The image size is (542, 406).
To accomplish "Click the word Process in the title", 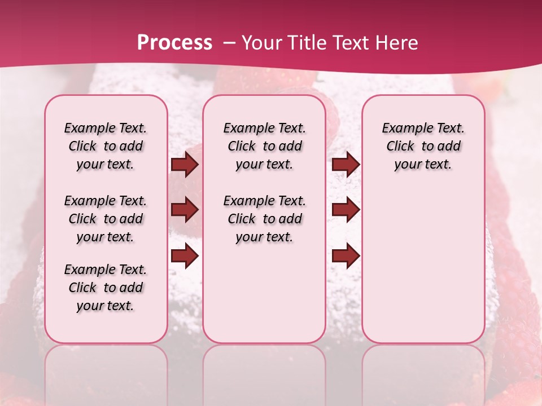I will click(x=174, y=43).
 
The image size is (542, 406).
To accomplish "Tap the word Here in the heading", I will click(x=396, y=43).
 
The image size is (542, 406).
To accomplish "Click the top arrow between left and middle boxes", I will click(x=185, y=165).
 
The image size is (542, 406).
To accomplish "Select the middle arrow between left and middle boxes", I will click(x=185, y=210).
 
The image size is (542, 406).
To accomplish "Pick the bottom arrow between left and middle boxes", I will click(x=185, y=257).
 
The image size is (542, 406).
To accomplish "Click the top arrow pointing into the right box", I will click(x=346, y=165).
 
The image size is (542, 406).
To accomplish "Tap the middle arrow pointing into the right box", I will click(x=346, y=210).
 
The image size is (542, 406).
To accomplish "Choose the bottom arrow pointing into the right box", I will click(x=346, y=257).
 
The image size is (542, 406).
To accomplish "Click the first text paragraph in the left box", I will click(x=106, y=146).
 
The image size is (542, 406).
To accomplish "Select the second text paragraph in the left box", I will click(x=106, y=219).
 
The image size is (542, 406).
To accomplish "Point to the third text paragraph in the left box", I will click(x=106, y=288).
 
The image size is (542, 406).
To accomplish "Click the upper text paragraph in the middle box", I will click(x=264, y=146).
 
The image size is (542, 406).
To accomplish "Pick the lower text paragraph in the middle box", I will click(x=264, y=219).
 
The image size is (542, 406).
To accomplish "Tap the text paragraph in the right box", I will click(x=423, y=146).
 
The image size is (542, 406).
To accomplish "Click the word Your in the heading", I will click(x=261, y=43).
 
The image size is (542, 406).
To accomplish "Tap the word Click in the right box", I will click(x=400, y=147).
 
